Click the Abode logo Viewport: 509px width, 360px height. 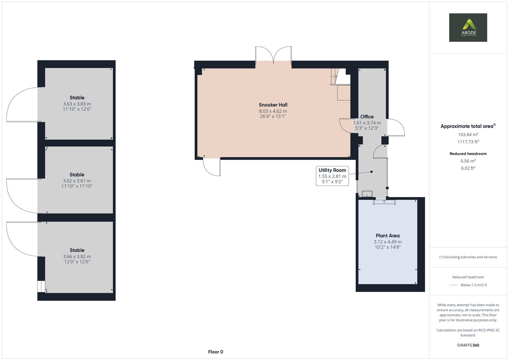[x=468, y=28]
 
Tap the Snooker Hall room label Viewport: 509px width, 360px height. [x=273, y=105]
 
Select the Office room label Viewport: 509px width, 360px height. [x=367, y=117]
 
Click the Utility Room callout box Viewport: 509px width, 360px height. [x=332, y=176]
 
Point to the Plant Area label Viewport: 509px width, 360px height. [x=387, y=236]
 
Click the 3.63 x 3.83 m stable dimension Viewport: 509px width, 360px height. [x=77, y=104]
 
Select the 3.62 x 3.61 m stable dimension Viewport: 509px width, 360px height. [x=77, y=181]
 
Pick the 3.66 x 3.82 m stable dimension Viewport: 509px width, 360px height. [x=77, y=257]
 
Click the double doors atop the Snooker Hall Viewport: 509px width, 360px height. [x=273, y=55]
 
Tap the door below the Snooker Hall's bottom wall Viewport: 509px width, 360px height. [x=212, y=167]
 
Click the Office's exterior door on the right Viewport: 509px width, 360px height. [x=396, y=128]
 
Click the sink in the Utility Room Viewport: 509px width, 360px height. [x=367, y=194]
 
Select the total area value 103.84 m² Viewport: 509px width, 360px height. [x=468, y=135]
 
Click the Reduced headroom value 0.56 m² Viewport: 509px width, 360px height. [x=468, y=161]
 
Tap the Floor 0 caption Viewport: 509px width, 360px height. [x=215, y=352]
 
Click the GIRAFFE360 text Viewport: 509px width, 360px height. [x=468, y=345]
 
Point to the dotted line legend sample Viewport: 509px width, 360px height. [x=454, y=285]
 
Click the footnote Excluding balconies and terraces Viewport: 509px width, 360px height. [x=468, y=257]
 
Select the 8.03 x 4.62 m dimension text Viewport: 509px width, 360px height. [x=273, y=111]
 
